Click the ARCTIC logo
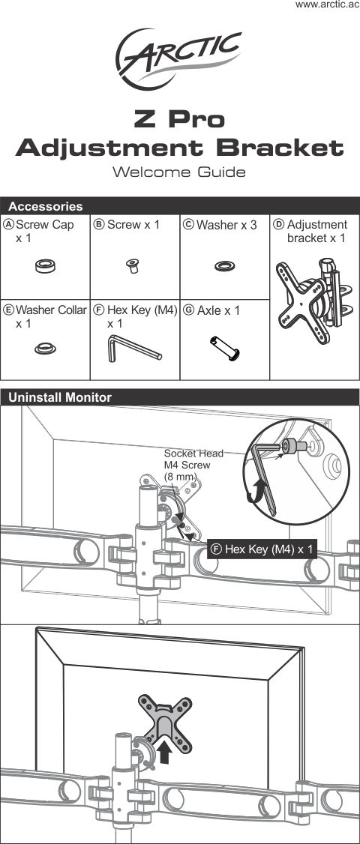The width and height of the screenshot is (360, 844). pyautogui.click(x=180, y=57)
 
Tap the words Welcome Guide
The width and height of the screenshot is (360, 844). pyautogui.click(x=179, y=172)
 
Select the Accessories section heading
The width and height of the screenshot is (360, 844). pyautogui.click(x=45, y=206)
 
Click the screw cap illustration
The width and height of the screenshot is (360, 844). pyautogui.click(x=45, y=265)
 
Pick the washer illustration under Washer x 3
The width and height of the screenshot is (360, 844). pyautogui.click(x=223, y=266)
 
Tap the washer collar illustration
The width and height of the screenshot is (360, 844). pyautogui.click(x=44, y=348)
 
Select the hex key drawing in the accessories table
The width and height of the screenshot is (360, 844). pyautogui.click(x=134, y=348)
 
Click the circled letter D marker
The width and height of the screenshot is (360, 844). pyautogui.click(x=278, y=224)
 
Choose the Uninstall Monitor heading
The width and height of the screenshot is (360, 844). pyautogui.click(x=59, y=398)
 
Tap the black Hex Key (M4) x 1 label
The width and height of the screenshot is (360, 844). pyautogui.click(x=262, y=549)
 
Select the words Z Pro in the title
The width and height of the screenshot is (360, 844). pyautogui.click(x=179, y=120)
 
